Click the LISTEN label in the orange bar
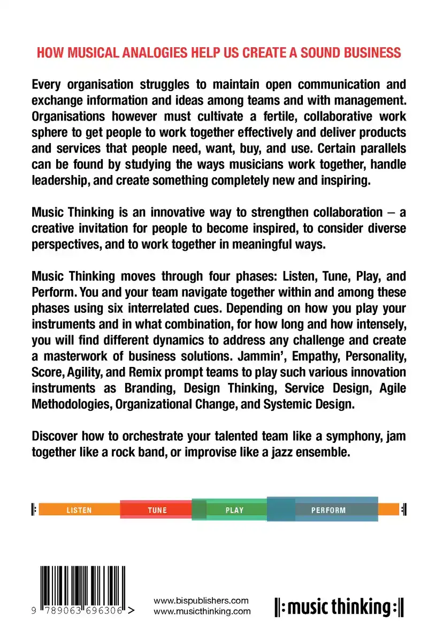tap(79, 510)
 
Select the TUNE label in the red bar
tap(157, 510)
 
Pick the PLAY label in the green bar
tap(234, 510)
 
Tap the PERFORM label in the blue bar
tap(328, 510)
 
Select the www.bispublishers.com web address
tap(202, 600)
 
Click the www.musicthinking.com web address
tap(202, 611)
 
